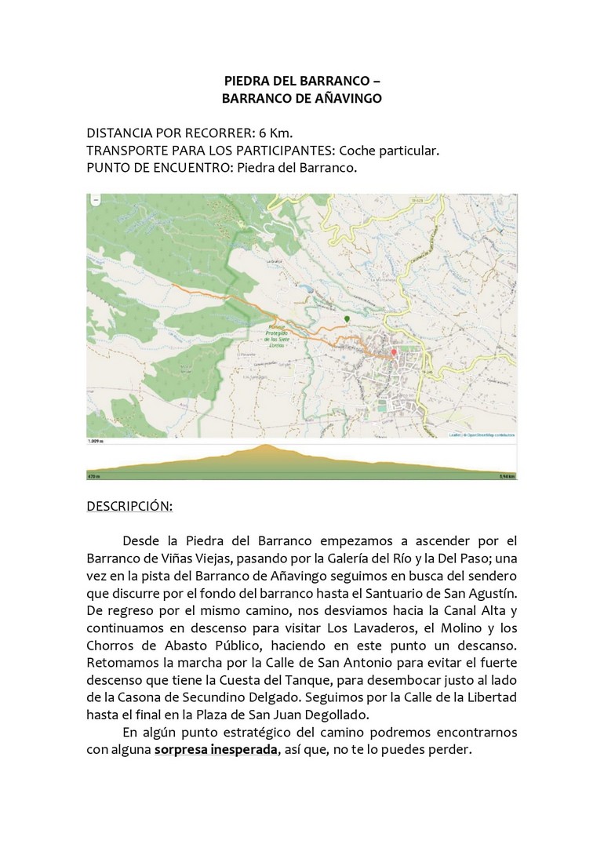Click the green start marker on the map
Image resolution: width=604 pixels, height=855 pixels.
point(347,319)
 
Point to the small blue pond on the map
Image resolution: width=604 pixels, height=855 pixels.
point(311,289)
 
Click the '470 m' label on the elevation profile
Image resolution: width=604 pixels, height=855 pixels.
point(95,475)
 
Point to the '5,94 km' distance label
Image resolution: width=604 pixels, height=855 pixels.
point(506,475)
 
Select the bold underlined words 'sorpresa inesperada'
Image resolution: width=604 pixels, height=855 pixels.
point(216,748)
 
